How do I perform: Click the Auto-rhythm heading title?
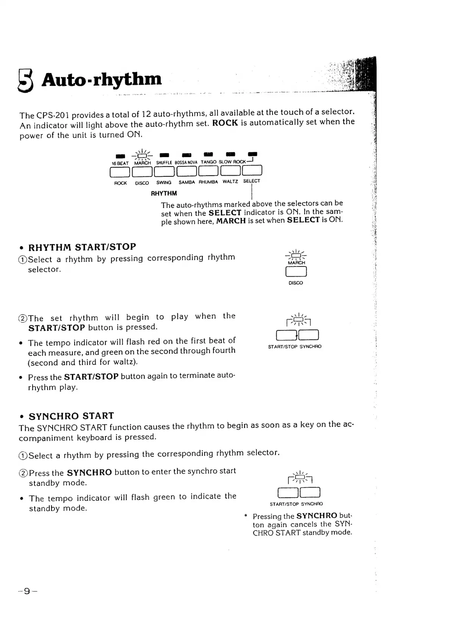pyautogui.click(x=102, y=79)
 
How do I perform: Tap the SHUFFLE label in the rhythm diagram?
pyautogui.click(x=164, y=163)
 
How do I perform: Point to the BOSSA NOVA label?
pyautogui.click(x=186, y=162)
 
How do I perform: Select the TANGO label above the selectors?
pyautogui.click(x=208, y=162)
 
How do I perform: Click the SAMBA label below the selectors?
pyautogui.click(x=187, y=182)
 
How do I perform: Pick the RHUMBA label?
pyautogui.click(x=208, y=182)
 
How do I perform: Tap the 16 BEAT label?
pyautogui.click(x=120, y=164)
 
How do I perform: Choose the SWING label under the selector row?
pyautogui.click(x=164, y=183)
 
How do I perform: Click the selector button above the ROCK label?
pyautogui.click(x=120, y=172)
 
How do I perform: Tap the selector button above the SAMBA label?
pyautogui.click(x=187, y=171)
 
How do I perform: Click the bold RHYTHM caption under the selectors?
pyautogui.click(x=164, y=193)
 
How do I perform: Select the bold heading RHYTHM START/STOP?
pyautogui.click(x=82, y=247)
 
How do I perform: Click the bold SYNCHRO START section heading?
pyautogui.click(x=71, y=416)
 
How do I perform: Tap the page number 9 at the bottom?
pyautogui.click(x=27, y=591)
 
